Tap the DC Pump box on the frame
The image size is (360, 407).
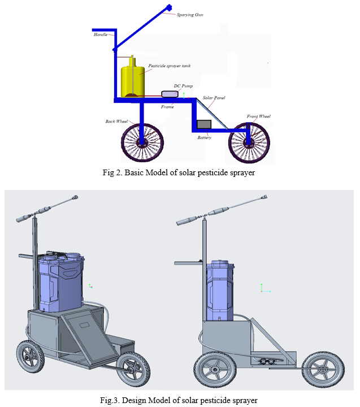pyautogui.click(x=170, y=94)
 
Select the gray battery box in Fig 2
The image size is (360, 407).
pyautogui.click(x=204, y=124)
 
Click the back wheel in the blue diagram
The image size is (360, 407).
pyautogui.click(x=142, y=142)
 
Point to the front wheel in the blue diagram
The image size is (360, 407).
pyautogui.click(x=249, y=143)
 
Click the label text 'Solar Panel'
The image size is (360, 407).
pyautogui.click(x=214, y=98)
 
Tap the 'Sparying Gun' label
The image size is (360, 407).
pyautogui.click(x=190, y=15)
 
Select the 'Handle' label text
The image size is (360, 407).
pyautogui.click(x=101, y=34)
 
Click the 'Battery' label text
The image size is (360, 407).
pyautogui.click(x=204, y=137)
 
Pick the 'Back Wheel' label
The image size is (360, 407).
pyautogui.click(x=116, y=121)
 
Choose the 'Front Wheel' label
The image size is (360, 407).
pyautogui.click(x=258, y=116)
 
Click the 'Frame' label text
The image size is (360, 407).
pyautogui.click(x=167, y=107)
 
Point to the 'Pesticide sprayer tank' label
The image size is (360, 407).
pyautogui.click(x=169, y=66)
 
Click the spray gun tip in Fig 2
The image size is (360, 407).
pyautogui.click(x=169, y=7)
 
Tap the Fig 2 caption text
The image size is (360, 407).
pyautogui.click(x=179, y=172)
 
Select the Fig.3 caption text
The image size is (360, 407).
pyautogui.click(x=179, y=400)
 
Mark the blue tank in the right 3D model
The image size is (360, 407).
pyautogui.click(x=220, y=291)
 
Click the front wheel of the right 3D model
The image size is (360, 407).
pyautogui.click(x=323, y=370)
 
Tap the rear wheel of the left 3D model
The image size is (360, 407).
pyautogui.click(x=31, y=357)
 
